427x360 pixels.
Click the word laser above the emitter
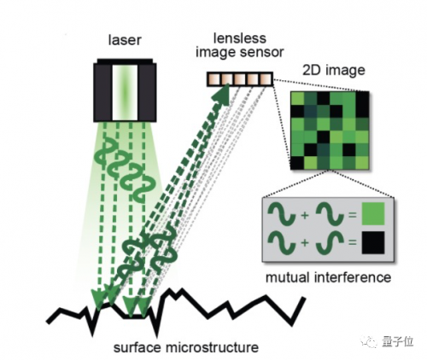pyautogui.click(x=125, y=40)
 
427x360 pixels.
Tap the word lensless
pyautogui.click(x=240, y=38)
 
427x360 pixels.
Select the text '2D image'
pyautogui.click(x=334, y=71)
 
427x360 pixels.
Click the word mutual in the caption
pyautogui.click(x=288, y=277)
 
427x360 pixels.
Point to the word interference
pyautogui.click(x=353, y=277)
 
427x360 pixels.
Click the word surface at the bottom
pyautogui.click(x=137, y=348)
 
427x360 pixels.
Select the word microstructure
pyautogui.click(x=212, y=348)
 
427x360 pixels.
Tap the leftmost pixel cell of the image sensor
pyautogui.click(x=214, y=79)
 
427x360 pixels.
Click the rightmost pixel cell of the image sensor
pyautogui.click(x=266, y=79)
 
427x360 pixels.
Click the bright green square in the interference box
pyautogui.click(x=373, y=214)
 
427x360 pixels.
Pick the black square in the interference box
pyautogui.click(x=373, y=242)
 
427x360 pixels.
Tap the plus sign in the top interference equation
pyautogui.click(x=305, y=215)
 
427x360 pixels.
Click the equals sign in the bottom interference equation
pyautogui.click(x=353, y=242)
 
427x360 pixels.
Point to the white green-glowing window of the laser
pyautogui.click(x=125, y=93)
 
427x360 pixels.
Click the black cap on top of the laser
pyautogui.click(x=125, y=61)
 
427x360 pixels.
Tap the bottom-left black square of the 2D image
pyautogui.click(x=297, y=163)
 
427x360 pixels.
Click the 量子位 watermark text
pyautogui.click(x=398, y=341)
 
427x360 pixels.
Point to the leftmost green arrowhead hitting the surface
pyautogui.click(x=98, y=299)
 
